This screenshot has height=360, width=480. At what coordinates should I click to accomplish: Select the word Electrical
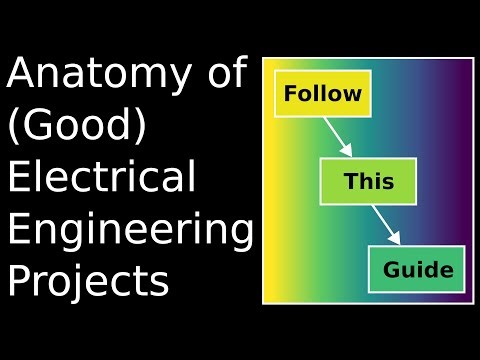101,178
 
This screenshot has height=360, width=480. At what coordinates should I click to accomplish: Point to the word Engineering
130,230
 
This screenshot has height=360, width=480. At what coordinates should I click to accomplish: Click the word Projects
88,280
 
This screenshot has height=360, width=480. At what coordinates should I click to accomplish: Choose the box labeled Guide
418,269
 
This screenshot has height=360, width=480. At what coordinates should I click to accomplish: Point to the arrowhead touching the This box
347,150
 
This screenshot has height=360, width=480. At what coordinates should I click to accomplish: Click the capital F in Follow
291,95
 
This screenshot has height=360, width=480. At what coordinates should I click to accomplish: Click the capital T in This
350,182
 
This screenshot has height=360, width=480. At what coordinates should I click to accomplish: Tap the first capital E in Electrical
18,178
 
